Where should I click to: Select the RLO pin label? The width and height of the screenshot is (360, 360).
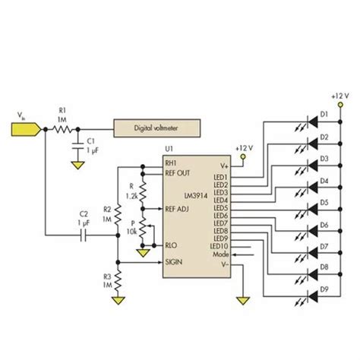172,245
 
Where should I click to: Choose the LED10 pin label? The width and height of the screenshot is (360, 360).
220,246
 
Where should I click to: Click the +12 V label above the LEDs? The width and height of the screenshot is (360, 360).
340,96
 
